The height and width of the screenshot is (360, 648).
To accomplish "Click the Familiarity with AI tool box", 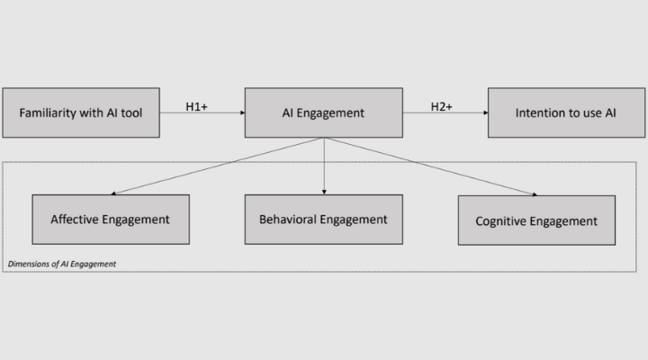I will [x=81, y=112].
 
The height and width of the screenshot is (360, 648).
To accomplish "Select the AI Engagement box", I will [x=323, y=112].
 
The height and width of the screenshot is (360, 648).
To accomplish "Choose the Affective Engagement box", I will [x=111, y=219].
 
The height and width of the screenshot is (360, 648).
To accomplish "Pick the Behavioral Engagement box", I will [x=323, y=219].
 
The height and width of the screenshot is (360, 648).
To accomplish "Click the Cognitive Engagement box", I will [x=537, y=220].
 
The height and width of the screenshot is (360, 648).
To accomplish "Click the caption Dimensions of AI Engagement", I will [x=62, y=264].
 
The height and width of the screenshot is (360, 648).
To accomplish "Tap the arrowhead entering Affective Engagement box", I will [x=115, y=192].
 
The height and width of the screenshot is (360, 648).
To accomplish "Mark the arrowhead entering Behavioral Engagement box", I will [x=324, y=191].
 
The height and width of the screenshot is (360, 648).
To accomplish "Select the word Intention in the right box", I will [x=542, y=113].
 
